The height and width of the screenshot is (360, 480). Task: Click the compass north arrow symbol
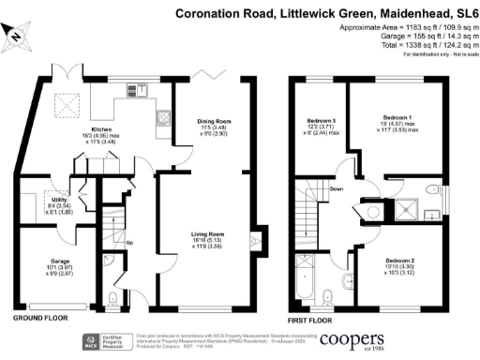(18, 36)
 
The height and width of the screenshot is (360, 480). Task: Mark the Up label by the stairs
(128, 242)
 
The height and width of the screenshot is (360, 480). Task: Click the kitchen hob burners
(160, 118)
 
